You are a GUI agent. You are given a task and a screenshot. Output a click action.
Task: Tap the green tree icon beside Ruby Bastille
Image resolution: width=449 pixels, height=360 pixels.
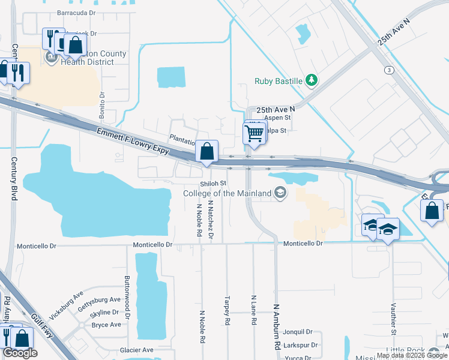311,80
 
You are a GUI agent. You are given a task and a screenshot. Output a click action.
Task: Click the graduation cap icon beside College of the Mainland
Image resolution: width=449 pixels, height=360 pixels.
280,193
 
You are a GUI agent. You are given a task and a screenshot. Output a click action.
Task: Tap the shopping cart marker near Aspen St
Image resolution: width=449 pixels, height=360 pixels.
255,133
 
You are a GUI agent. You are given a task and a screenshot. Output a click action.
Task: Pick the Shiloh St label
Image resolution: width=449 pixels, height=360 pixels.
213,184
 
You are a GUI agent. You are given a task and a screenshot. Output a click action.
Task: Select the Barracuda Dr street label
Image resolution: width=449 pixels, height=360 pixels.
76,12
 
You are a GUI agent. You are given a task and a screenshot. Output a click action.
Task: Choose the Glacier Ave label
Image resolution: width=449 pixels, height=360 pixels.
136,350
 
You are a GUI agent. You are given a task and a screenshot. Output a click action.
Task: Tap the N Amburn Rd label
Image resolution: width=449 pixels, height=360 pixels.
277,327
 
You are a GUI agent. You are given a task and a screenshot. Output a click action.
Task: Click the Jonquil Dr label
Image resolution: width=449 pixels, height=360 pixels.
298,332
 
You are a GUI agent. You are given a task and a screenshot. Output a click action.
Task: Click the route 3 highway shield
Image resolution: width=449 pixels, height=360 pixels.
390,70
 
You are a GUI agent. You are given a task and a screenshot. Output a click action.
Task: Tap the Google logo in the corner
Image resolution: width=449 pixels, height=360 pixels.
20,353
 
